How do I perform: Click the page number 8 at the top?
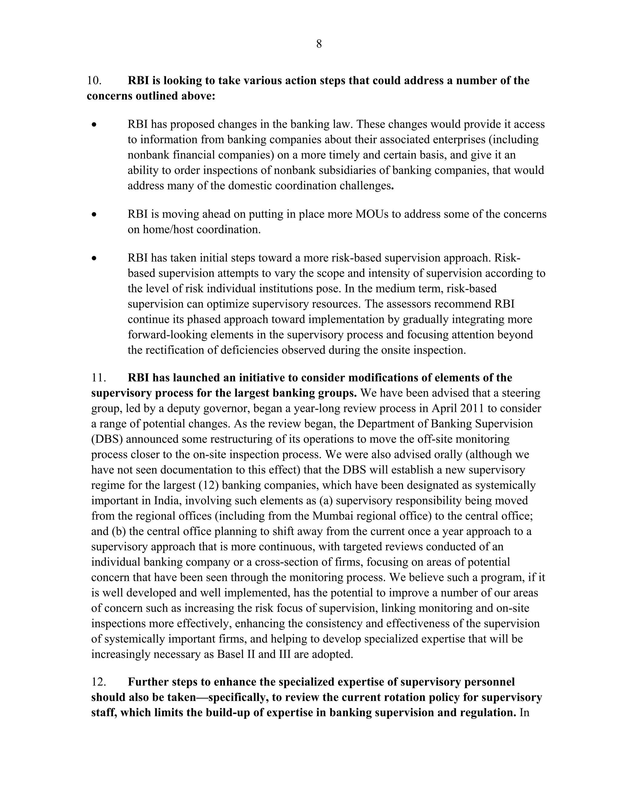(319, 44)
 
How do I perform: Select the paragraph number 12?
(98, 682)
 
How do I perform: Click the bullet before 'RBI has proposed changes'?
(95, 125)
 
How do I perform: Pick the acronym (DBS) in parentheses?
(107, 439)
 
